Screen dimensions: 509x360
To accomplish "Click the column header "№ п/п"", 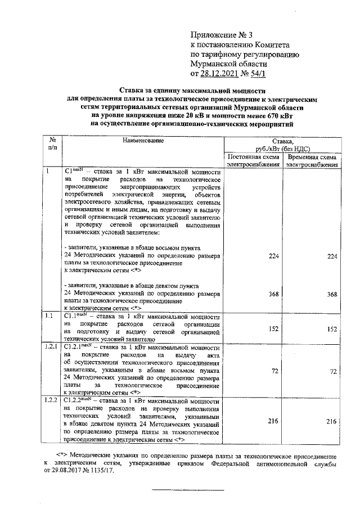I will click(52, 143).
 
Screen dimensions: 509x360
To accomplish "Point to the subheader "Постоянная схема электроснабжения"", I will click(253, 160).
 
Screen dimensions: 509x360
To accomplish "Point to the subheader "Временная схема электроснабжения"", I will click(311, 160).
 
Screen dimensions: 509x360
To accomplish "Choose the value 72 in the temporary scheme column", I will click(332, 372).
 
